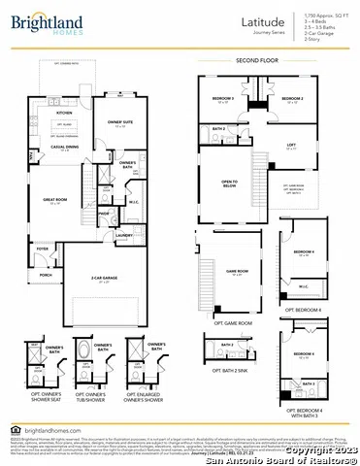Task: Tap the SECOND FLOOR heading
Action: (256, 60)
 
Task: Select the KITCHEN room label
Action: (64, 113)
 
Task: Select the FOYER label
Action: (43, 249)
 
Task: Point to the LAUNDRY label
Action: (122, 235)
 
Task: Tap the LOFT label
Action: (291, 145)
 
